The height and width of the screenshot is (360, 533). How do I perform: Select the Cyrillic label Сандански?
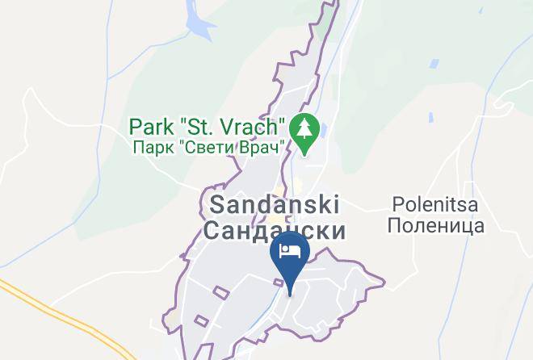275,231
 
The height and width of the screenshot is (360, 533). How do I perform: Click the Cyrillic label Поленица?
435,225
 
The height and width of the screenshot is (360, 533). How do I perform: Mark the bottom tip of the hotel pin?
289,286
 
